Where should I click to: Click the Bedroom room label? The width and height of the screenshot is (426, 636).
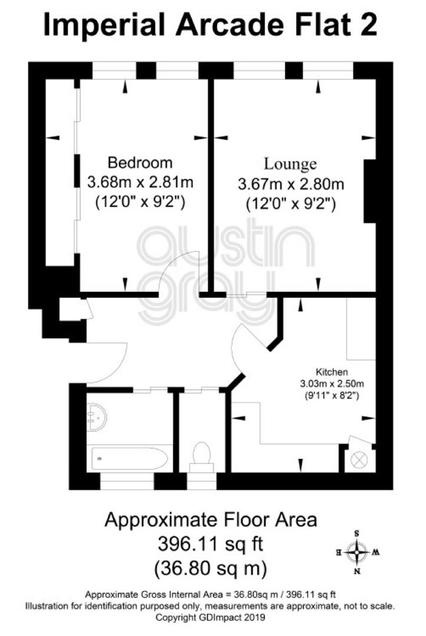point(140,163)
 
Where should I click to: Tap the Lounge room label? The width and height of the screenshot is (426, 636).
point(290,164)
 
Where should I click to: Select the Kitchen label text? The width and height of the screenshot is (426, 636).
point(332,372)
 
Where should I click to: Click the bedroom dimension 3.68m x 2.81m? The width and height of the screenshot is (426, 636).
point(140,182)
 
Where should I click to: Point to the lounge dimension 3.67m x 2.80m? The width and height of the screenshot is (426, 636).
point(291,184)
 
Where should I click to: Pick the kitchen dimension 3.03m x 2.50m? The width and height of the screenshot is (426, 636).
point(332,383)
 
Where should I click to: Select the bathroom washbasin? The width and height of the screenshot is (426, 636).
point(97,418)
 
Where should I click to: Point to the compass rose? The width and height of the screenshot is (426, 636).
point(357,552)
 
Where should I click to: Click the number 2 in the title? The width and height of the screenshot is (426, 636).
point(368,25)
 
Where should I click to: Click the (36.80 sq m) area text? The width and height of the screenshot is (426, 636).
point(210,568)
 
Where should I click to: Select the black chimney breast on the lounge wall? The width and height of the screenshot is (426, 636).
point(370,191)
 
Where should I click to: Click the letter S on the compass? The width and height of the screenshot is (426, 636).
point(357,534)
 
